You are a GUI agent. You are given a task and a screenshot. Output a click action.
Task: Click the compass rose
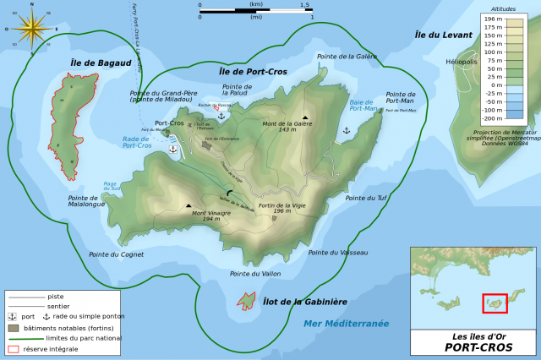tap(31, 29)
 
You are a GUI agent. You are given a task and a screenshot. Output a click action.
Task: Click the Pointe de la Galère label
tap(347, 57)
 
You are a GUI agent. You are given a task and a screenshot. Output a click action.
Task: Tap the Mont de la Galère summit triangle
tap(305, 117)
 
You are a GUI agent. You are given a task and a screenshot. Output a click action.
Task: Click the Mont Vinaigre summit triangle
tap(189, 205)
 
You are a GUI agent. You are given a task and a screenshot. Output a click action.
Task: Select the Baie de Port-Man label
tap(363, 105)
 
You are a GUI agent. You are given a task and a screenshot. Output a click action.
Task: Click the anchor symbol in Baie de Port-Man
tap(346, 130)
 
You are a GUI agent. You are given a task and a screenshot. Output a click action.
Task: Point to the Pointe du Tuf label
tap(366, 198)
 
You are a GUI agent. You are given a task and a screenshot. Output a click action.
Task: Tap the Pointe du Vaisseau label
tap(338, 252)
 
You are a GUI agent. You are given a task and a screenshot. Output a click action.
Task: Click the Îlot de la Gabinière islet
tap(246, 300)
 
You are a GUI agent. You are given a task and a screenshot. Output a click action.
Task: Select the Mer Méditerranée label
tap(346, 323)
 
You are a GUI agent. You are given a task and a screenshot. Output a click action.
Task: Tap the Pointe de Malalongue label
tap(87, 201)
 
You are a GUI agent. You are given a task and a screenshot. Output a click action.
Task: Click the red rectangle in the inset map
tap(495, 303)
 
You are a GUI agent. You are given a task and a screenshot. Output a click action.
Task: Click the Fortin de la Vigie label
tap(281, 208)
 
